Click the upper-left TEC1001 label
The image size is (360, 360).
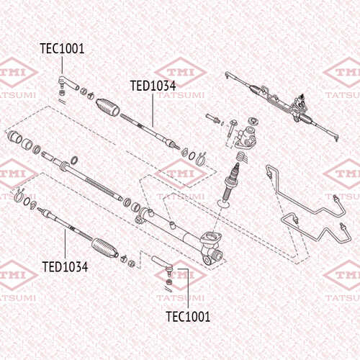[62, 49]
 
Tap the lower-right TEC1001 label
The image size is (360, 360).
[188, 317]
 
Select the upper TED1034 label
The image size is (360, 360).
[153, 86]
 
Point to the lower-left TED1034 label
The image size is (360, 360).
[65, 266]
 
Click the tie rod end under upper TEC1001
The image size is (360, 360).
[68, 83]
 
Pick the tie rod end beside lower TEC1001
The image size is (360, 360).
[163, 264]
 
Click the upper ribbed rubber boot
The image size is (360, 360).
[108, 107]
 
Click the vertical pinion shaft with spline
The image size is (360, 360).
[231, 182]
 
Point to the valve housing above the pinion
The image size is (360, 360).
[246, 138]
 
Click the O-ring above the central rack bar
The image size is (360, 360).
[75, 160]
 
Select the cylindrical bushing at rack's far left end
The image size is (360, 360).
[14, 137]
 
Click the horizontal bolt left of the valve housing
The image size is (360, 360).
[213, 118]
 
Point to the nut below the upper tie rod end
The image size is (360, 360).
[62, 93]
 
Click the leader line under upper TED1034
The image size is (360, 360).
[153, 110]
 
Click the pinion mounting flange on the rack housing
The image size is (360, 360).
[210, 238]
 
